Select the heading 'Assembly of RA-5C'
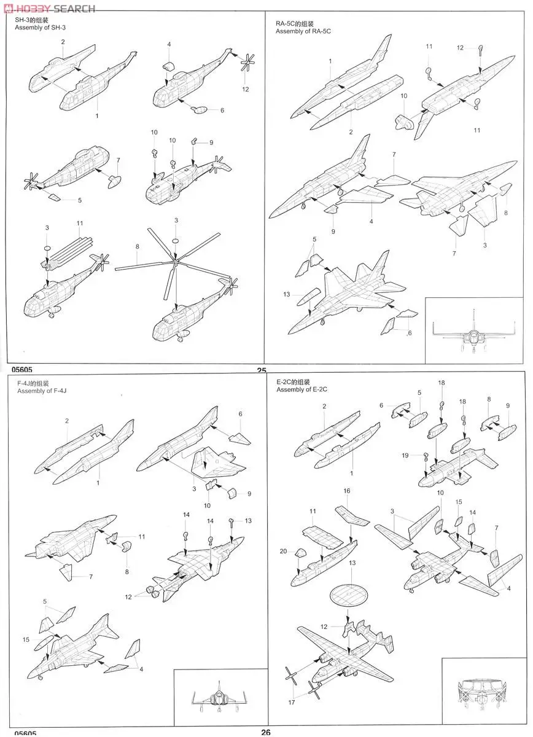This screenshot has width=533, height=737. (x=303, y=31)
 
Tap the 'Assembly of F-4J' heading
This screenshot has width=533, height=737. (x=41, y=391)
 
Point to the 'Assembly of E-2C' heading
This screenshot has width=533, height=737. (x=302, y=390)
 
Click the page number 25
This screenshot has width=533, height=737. (x=262, y=370)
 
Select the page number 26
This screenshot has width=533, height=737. (x=266, y=732)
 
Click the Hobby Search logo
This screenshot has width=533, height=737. (x=49, y=8)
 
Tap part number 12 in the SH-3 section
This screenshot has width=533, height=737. (x=246, y=90)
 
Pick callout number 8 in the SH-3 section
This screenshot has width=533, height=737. (x=138, y=246)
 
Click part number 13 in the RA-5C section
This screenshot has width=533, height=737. (x=287, y=294)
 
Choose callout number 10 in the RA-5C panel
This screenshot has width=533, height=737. (x=403, y=96)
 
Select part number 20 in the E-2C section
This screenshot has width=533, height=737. (x=284, y=551)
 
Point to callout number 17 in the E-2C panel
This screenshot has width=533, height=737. (x=291, y=702)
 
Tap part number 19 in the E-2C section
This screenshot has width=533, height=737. (x=405, y=455)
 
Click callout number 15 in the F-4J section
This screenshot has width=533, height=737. (x=26, y=640)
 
